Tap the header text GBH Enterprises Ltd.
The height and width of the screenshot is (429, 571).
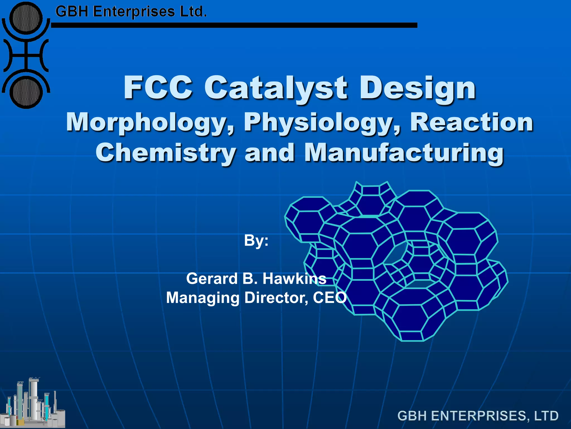tap(131, 12)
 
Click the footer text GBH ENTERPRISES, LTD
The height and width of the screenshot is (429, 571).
tap(478, 416)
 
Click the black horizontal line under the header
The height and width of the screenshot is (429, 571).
tap(234, 25)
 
